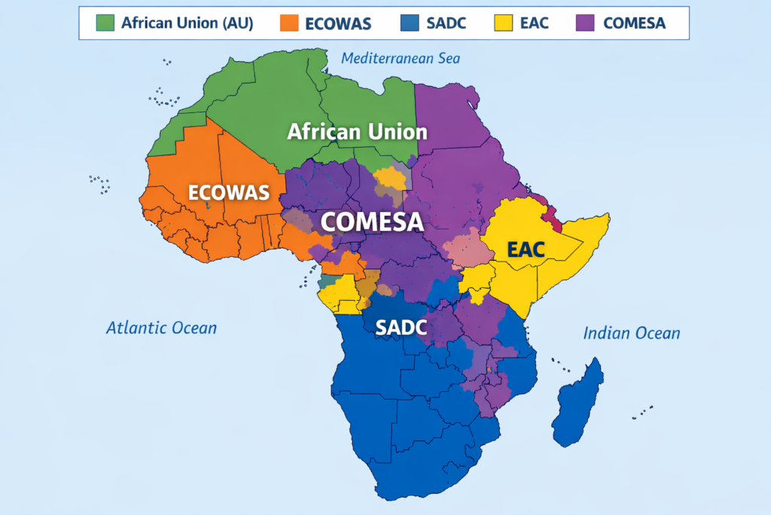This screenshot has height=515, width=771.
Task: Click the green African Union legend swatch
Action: (x=104, y=23)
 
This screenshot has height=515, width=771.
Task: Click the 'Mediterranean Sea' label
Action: (x=400, y=58)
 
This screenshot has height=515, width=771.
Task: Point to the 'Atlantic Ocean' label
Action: (x=161, y=327)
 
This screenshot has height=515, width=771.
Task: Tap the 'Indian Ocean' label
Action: (x=632, y=333)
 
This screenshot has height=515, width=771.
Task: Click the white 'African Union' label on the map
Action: (x=357, y=132)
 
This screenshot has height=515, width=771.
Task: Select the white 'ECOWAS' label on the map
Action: (x=228, y=192)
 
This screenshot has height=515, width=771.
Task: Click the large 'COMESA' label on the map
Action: (x=371, y=222)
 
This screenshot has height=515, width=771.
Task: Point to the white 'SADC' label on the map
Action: (x=401, y=327)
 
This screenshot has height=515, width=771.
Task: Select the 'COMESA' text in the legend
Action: (x=634, y=23)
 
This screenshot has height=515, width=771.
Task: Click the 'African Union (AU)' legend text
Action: (x=187, y=23)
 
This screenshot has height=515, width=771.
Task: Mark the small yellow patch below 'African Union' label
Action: (x=389, y=179)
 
